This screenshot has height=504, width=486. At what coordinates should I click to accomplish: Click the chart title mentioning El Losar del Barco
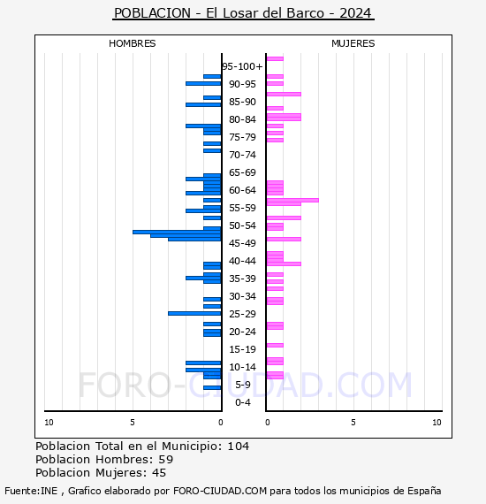(x=243, y=13)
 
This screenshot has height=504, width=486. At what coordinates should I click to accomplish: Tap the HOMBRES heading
(x=132, y=43)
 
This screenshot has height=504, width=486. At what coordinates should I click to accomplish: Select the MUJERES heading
(x=353, y=43)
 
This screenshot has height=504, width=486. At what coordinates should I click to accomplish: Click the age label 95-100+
(x=242, y=66)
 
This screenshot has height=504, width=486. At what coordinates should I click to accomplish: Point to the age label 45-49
(x=242, y=243)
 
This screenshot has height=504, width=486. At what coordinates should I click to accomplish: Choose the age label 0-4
(x=242, y=402)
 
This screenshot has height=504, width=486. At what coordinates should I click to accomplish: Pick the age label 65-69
(x=242, y=172)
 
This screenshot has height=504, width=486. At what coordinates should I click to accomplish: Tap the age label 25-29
(x=242, y=314)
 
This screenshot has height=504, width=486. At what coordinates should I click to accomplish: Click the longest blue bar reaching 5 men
(x=177, y=232)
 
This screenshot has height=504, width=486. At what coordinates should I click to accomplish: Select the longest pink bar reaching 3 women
(x=292, y=200)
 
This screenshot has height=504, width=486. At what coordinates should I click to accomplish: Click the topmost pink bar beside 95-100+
(x=275, y=59)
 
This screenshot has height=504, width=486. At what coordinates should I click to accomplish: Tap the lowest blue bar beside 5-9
(x=212, y=387)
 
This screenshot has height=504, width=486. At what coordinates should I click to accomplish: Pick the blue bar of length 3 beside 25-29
(x=194, y=313)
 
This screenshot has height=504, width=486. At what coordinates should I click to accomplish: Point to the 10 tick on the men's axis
(x=49, y=423)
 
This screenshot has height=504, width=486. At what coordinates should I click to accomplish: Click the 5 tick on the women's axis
(x=353, y=423)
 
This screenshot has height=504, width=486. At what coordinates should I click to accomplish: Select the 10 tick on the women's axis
(x=437, y=423)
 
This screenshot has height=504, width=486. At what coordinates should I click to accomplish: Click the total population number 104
(x=239, y=447)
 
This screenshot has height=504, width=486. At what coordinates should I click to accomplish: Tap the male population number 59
(x=166, y=459)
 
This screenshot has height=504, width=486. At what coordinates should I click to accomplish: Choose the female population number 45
(x=159, y=473)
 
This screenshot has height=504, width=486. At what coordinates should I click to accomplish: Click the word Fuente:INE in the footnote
(x=31, y=491)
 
